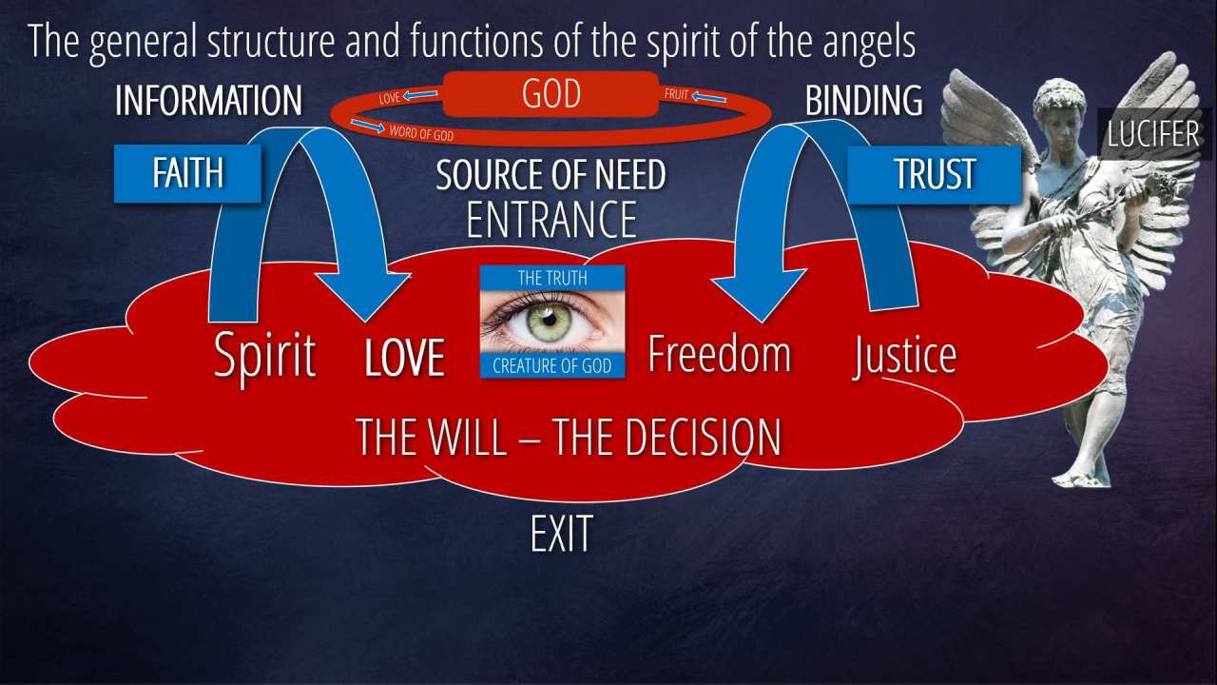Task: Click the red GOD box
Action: tap(551, 95)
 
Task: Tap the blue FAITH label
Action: tap(187, 173)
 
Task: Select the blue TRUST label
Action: tap(934, 174)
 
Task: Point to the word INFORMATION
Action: tap(208, 101)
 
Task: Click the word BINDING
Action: tap(863, 101)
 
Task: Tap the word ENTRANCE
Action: tap(551, 219)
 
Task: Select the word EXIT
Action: tap(561, 535)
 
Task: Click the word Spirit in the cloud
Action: tap(264, 356)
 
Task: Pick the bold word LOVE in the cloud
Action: tap(405, 359)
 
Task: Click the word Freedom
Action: tap(719, 353)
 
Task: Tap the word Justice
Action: tap(904, 356)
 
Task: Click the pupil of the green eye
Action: tap(549, 320)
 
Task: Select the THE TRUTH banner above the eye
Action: tap(551, 278)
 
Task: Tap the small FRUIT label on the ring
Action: tap(676, 95)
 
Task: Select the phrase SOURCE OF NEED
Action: tap(551, 175)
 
